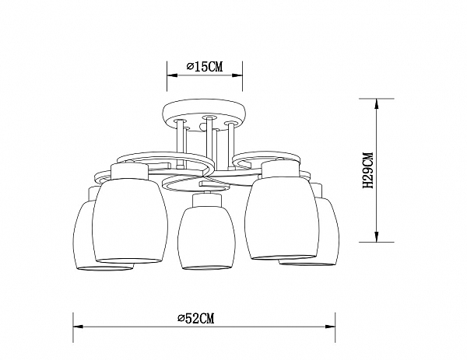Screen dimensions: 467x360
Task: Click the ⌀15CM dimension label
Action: [x=205, y=67]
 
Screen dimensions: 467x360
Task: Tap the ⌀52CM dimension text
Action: [x=195, y=318]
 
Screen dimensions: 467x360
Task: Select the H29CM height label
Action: [x=368, y=170]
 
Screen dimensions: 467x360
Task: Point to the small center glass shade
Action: [x=207, y=237]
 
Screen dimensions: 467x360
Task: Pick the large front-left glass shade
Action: [x=130, y=221]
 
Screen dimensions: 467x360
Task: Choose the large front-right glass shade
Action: [x=282, y=218]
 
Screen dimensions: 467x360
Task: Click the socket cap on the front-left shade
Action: [x=129, y=172]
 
